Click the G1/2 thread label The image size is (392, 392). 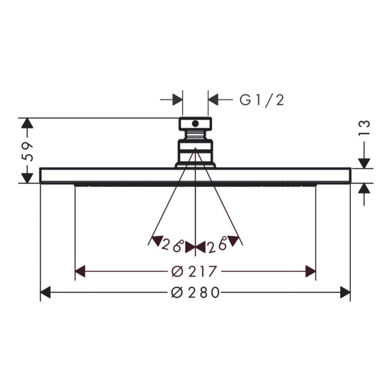point(261,100)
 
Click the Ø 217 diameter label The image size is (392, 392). point(193,271)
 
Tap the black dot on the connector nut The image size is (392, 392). point(195,123)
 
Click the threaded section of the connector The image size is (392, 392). point(195,135)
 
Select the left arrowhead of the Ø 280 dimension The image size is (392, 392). point(45,292)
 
